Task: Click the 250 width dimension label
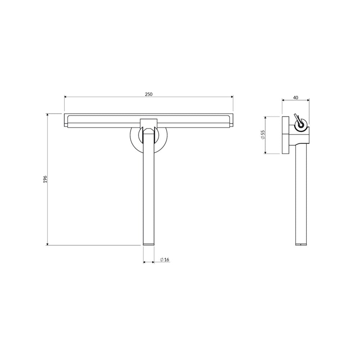[149, 94]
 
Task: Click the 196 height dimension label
[45, 179]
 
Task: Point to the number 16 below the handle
[167, 260]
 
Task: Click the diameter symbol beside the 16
[162, 260]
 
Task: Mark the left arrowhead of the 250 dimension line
[66, 97]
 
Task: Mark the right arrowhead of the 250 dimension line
[232, 97]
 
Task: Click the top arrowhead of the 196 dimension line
[48, 115]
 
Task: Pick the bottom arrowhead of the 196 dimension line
[48, 244]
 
